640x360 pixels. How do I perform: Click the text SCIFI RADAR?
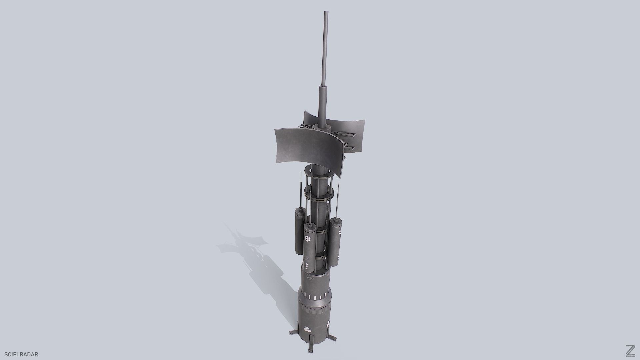coord(21,354)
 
